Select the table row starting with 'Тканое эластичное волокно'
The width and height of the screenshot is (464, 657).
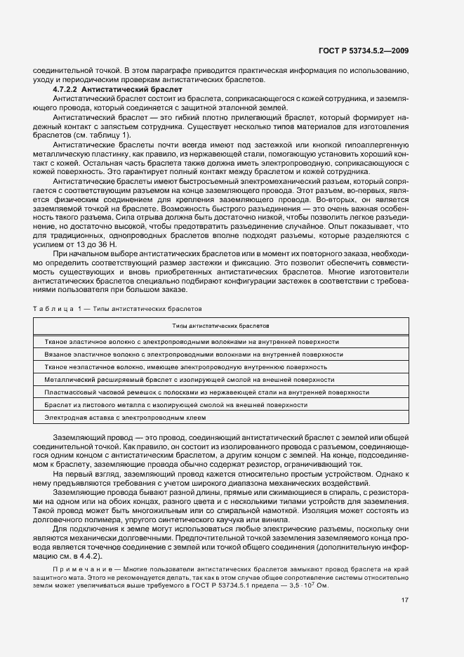(192, 342)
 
